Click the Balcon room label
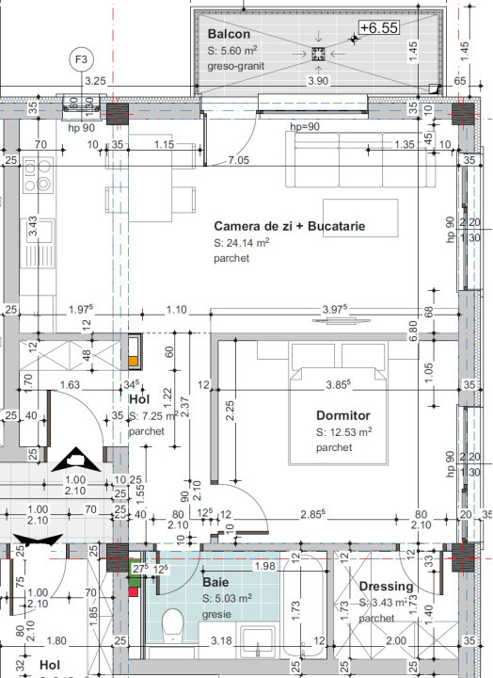(229, 34)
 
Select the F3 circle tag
(83, 60)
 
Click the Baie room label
(215, 582)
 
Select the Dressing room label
(386, 587)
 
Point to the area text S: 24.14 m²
(242, 243)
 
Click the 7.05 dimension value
(239, 161)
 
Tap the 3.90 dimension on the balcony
(319, 82)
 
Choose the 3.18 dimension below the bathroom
(223, 641)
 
